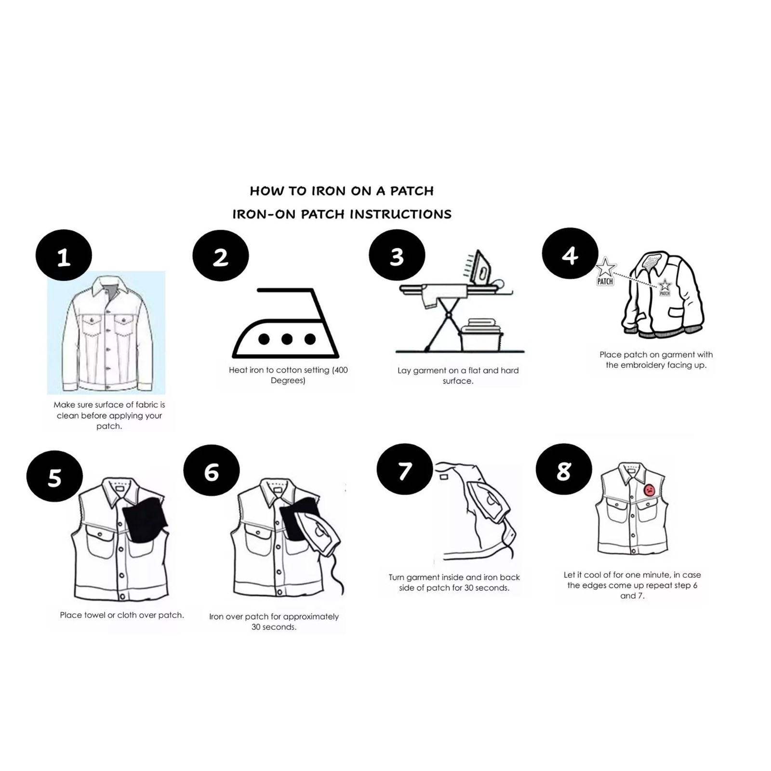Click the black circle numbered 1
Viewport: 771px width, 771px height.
point(64,255)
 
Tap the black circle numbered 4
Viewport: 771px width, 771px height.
point(570,253)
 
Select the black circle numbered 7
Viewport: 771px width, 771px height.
point(405,469)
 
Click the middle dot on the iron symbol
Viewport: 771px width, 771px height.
point(287,339)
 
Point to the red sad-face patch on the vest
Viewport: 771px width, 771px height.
point(649,490)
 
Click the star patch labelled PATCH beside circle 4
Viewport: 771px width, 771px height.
point(605,272)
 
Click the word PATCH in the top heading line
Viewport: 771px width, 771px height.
point(412,191)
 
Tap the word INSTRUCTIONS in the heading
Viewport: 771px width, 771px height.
point(400,214)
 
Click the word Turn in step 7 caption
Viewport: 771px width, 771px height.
point(397,577)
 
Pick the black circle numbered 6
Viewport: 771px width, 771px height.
point(212,470)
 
